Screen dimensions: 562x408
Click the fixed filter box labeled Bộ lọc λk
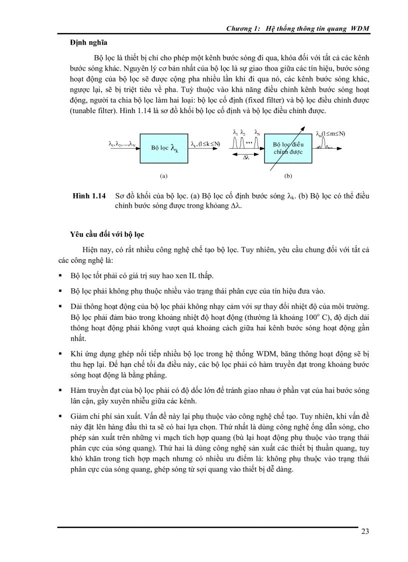[x=164, y=148]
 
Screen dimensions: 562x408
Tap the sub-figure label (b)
[x=288, y=176]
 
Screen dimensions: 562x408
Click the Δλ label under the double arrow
[x=246, y=157]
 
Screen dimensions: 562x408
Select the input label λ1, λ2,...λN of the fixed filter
[x=123, y=144]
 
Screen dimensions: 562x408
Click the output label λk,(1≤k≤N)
[x=205, y=144]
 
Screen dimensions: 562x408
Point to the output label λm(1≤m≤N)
[x=330, y=134]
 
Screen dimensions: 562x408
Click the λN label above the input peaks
[x=257, y=133]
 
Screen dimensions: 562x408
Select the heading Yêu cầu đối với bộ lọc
[x=107, y=234]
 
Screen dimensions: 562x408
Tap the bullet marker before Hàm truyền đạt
[x=60, y=390]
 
